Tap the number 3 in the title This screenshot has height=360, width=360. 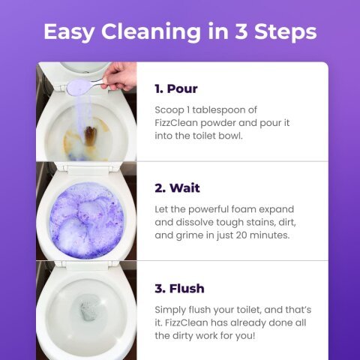point(247,31)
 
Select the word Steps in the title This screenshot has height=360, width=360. point(288,31)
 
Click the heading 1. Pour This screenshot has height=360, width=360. point(176,88)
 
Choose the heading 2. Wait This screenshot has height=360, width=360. point(177,187)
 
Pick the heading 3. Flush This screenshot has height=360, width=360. point(179,288)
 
